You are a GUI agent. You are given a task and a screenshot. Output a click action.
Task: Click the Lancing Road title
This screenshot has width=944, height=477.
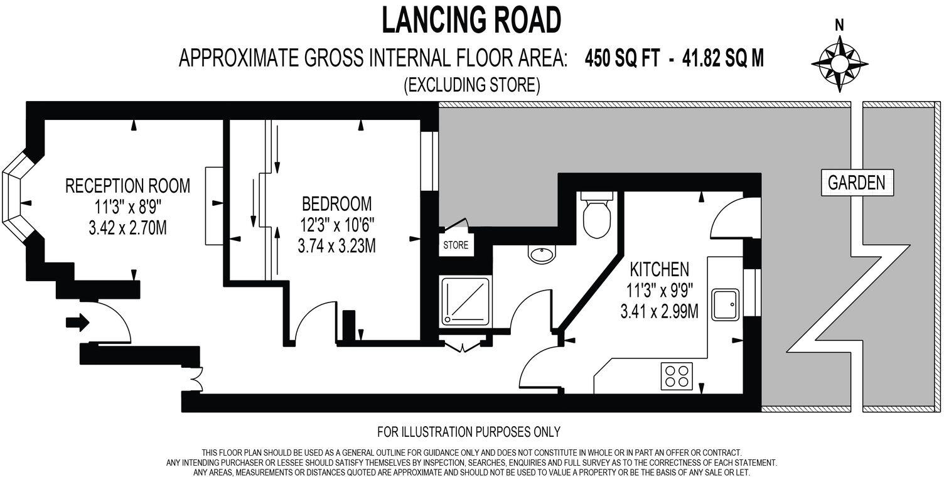click(x=471, y=20)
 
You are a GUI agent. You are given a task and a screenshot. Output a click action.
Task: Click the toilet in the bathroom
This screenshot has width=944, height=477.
click(x=596, y=215)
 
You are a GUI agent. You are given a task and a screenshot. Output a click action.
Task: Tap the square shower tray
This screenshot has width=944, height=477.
click(x=465, y=303)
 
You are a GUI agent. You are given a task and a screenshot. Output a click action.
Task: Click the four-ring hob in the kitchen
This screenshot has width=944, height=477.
click(x=677, y=376)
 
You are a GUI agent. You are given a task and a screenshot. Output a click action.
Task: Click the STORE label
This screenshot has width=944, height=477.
click(x=456, y=245)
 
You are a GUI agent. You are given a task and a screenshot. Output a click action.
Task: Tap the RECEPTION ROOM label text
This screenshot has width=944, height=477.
click(x=127, y=186)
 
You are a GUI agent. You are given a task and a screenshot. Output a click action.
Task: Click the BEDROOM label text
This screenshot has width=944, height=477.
click(x=336, y=204)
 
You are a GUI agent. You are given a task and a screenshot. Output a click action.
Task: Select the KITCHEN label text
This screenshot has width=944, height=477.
click(x=659, y=270)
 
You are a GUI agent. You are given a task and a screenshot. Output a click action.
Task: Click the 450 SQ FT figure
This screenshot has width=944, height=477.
click(x=623, y=59)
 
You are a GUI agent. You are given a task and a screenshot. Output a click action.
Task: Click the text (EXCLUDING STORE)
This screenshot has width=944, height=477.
click(x=471, y=85)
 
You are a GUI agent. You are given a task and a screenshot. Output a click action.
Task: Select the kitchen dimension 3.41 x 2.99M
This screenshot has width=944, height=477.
click(x=659, y=311)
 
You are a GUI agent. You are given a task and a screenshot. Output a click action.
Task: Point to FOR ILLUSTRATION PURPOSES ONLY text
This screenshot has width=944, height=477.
click(x=468, y=432)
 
